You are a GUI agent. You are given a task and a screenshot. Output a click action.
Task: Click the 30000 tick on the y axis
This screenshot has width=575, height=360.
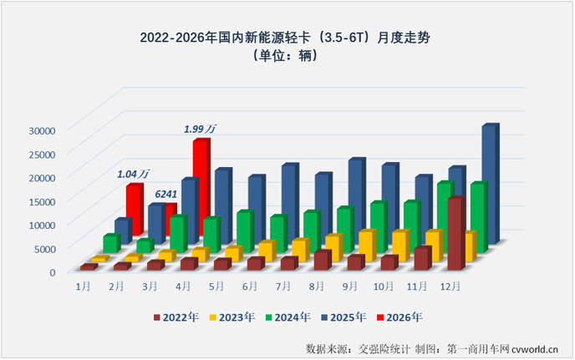coord(41,129)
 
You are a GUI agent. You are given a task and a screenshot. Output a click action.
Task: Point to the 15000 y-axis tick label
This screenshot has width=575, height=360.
coord(41,200)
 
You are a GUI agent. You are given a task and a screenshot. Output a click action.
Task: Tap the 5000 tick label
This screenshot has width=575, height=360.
coord(43,248)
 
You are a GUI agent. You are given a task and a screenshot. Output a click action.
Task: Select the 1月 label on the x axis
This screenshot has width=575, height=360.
coord(84,286)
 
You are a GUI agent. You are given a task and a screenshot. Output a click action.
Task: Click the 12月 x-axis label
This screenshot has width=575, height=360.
coord(451,285)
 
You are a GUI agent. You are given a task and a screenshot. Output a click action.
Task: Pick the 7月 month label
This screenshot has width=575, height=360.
coord(283,286)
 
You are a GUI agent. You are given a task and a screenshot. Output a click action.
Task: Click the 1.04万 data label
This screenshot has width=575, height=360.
coord(133,174)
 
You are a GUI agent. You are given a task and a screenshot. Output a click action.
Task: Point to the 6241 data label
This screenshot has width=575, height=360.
coord(165,195)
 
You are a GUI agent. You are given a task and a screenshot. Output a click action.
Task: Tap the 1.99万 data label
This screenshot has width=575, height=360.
coord(200,129)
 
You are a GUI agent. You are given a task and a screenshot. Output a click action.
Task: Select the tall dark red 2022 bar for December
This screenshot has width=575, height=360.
coord(455,234)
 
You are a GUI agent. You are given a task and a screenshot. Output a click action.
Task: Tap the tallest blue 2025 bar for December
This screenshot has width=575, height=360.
coord(489,184)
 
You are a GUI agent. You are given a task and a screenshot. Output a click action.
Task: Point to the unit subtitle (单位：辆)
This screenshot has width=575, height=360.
coord(287,56)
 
